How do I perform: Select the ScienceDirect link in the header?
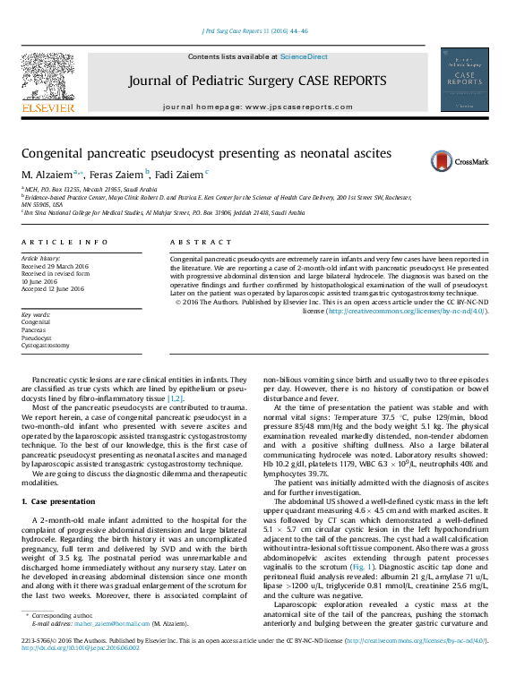coord(304,56)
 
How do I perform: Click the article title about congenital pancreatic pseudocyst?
coord(207,153)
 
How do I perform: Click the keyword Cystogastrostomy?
coord(45,345)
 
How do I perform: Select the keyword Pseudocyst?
coord(38,337)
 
